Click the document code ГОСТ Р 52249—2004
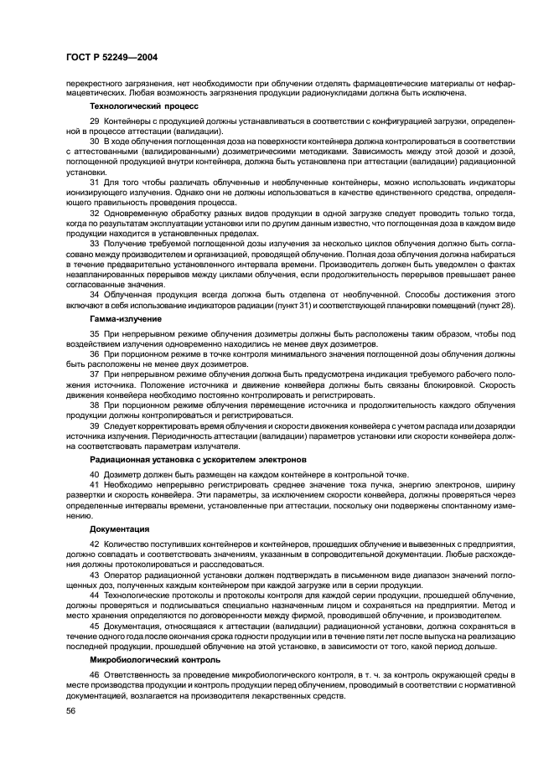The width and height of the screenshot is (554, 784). tap(112, 58)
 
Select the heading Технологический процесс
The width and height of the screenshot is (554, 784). tap(144, 106)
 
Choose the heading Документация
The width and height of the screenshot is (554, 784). tap(120, 529)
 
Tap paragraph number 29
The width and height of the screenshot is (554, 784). tap(95, 121)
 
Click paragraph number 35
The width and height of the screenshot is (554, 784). tap(95, 333)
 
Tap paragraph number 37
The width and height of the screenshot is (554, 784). tap(95, 374)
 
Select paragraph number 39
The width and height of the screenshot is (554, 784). tap(95, 425)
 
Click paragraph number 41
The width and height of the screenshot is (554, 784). tap(95, 484)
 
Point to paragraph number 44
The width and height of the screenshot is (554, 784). tap(95, 595)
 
